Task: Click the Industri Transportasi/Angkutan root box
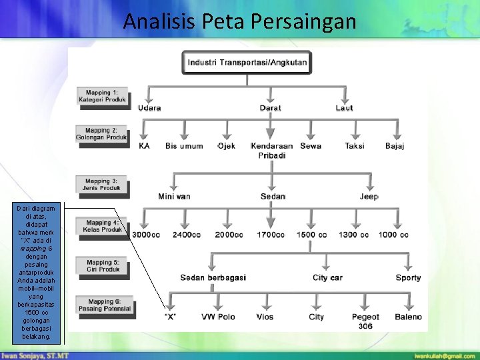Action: [x=247, y=63]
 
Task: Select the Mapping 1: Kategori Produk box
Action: [x=102, y=95]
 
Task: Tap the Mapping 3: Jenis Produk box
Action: [x=102, y=184]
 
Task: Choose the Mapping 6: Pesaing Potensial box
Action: [x=104, y=305]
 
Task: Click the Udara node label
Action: [x=149, y=108]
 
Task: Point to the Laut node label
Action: [x=344, y=108]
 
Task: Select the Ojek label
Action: [x=227, y=146]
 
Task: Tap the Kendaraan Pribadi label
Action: [x=271, y=151]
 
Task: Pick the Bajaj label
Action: [x=395, y=146]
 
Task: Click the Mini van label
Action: [x=174, y=197]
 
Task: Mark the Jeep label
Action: [x=369, y=197]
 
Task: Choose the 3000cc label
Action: [x=146, y=235]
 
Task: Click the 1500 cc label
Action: [x=311, y=235]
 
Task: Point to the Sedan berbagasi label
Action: [x=213, y=277]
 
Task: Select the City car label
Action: [x=327, y=277]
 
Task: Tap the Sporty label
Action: [x=408, y=277]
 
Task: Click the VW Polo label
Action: [x=218, y=317]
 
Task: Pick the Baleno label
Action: [x=408, y=317]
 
